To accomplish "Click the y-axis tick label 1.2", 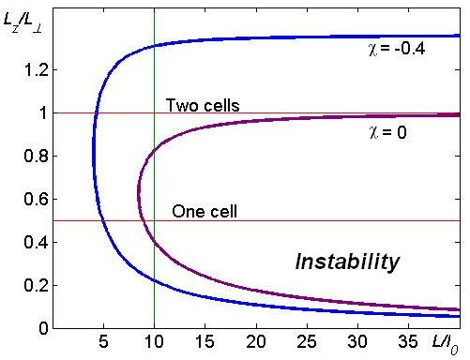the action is (36, 70).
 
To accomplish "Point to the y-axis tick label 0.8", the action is (36, 156).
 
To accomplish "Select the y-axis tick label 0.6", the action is (36, 199).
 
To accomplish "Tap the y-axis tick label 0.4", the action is (36, 242).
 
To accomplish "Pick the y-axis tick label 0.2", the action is (36, 285).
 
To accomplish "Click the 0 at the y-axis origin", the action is (44, 328).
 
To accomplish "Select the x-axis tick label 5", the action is (103, 341).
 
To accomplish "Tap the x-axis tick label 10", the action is (154, 341).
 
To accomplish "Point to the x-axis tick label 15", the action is (205, 341).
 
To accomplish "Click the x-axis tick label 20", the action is (256, 341).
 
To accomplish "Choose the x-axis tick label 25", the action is (307, 341).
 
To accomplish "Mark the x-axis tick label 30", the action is (357, 341).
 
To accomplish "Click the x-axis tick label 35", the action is (408, 341).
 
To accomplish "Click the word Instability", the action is (347, 262).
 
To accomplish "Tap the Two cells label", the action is (203, 105).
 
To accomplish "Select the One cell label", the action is (205, 211).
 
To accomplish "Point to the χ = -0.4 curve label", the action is (397, 49).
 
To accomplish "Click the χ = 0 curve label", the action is (387, 132).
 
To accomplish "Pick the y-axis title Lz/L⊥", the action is (23, 22).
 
